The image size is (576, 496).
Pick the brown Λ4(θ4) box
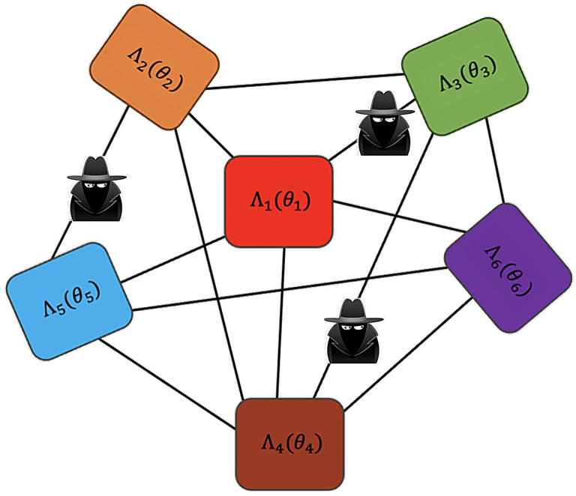click(x=289, y=443)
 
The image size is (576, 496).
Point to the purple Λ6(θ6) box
click(x=509, y=267)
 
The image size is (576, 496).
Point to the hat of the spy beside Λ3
click(x=385, y=104)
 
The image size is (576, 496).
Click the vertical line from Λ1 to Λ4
click(x=280, y=322)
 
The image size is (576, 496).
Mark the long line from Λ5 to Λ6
click(x=285, y=288)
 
